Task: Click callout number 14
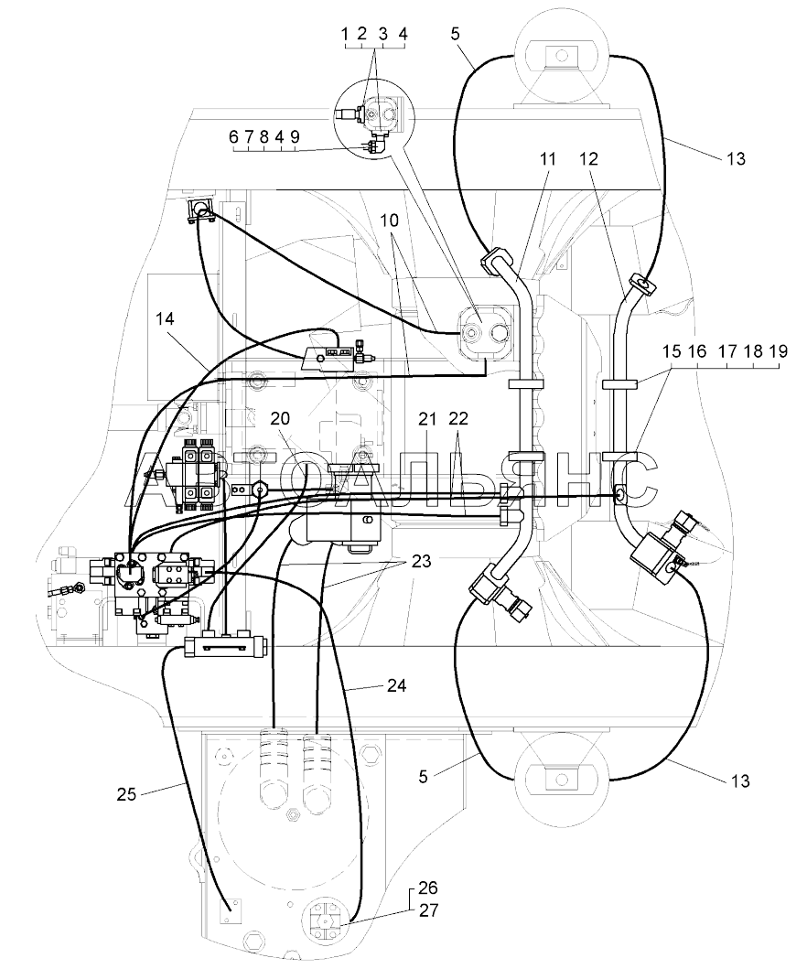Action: click(x=165, y=318)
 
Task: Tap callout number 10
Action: click(x=390, y=221)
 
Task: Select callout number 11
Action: click(x=548, y=159)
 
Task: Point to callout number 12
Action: click(x=589, y=159)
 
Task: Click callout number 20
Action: click(x=280, y=418)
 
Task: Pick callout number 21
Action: click(x=427, y=420)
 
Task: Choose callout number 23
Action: click(x=422, y=562)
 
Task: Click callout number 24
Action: click(x=397, y=685)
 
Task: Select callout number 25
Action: click(x=126, y=794)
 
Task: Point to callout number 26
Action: click(x=428, y=888)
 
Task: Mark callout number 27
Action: click(x=428, y=911)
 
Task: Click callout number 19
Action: click(x=778, y=351)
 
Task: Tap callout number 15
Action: click(x=672, y=351)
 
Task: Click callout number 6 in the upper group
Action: click(x=233, y=137)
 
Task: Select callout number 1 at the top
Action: click(x=346, y=35)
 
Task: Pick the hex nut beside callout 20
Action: click(x=260, y=491)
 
